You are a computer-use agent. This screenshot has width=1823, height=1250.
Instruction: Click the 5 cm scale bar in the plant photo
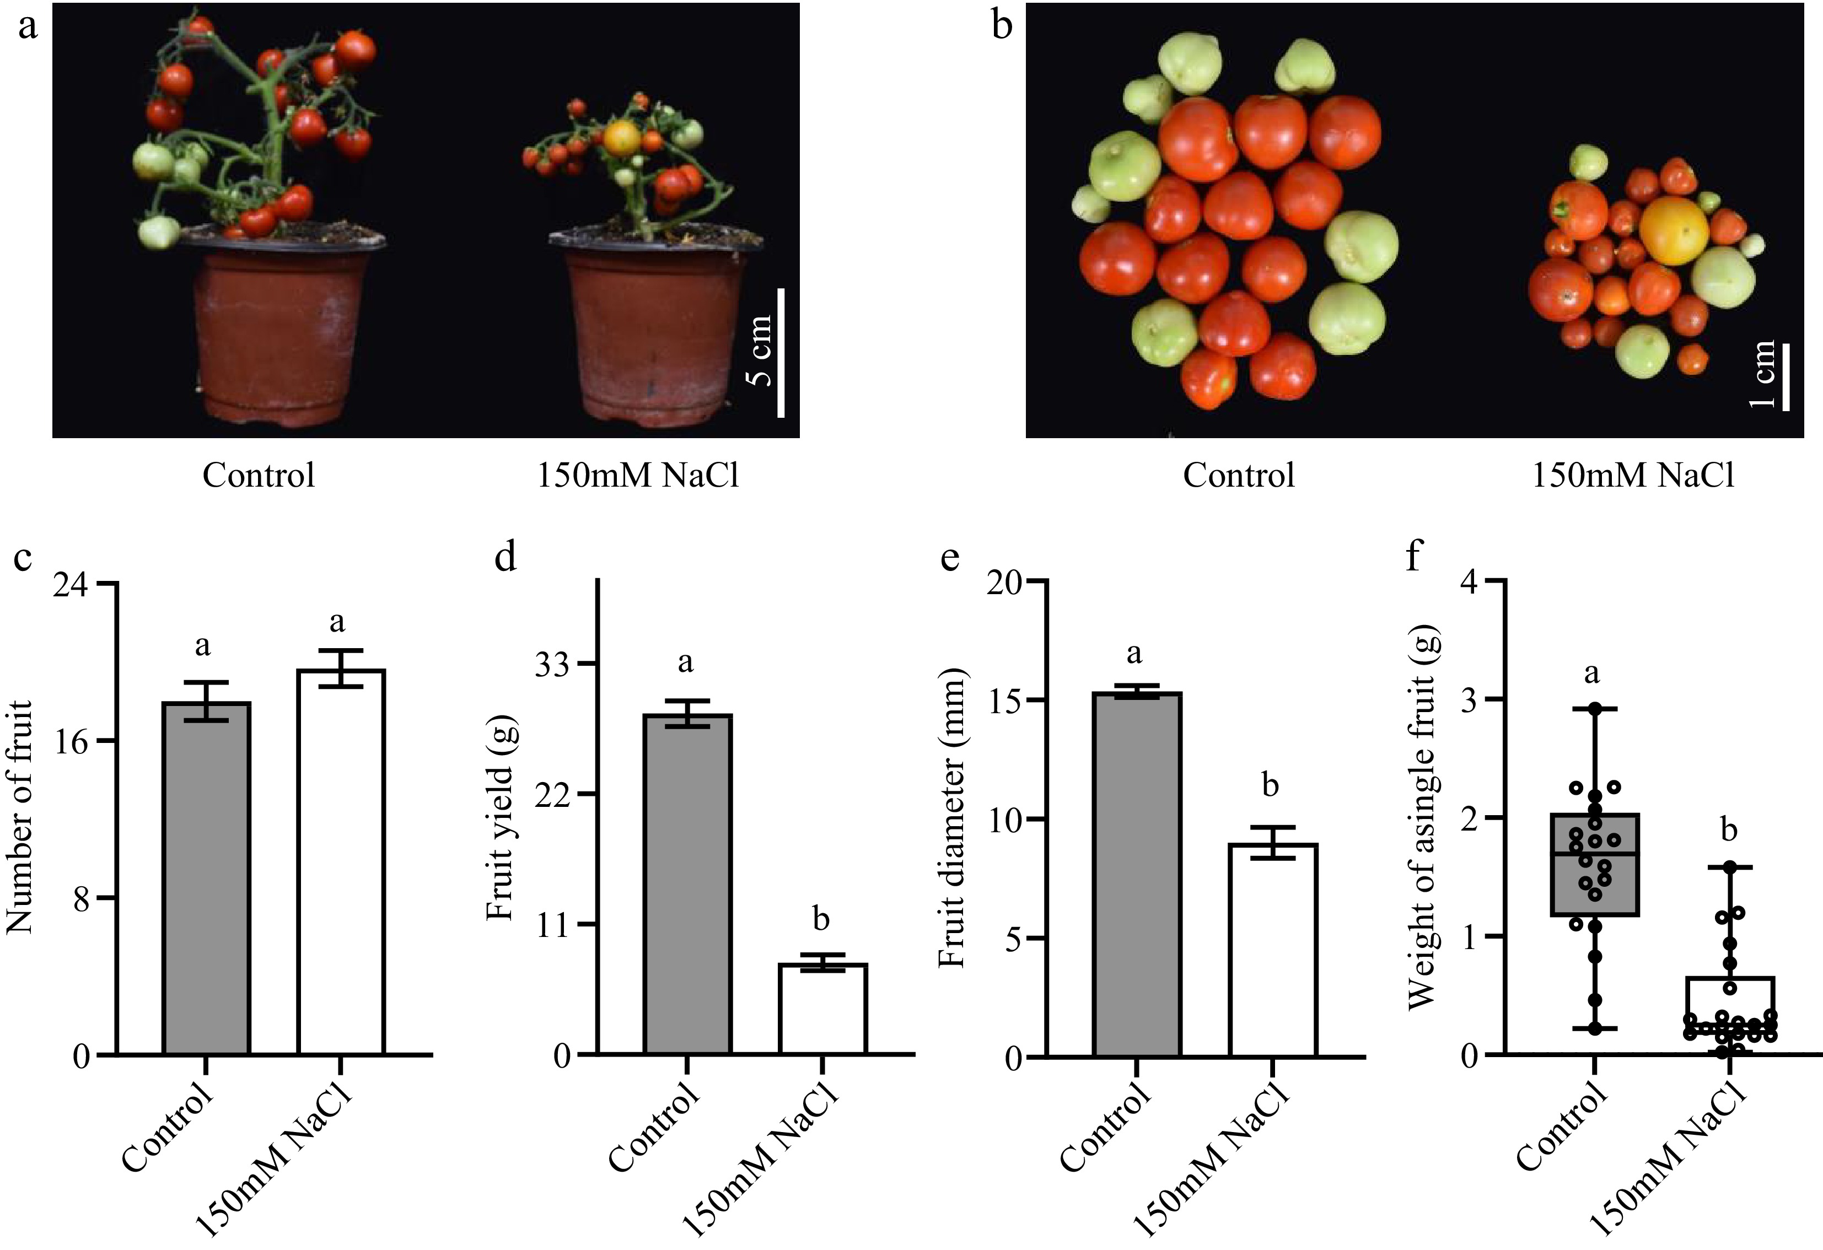pyautogui.click(x=781, y=353)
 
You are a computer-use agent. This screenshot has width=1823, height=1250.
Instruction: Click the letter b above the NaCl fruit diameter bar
pyautogui.click(x=1271, y=784)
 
